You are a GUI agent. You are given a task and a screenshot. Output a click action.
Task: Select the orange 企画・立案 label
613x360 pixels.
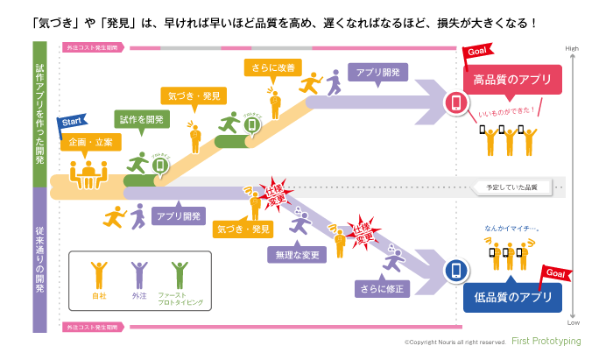[90, 142]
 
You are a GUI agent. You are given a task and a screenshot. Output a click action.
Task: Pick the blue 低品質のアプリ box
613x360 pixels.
[512, 296]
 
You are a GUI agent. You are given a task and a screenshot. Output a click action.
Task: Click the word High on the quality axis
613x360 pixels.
[572, 48]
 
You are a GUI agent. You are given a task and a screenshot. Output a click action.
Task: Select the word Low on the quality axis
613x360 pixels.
[572, 323]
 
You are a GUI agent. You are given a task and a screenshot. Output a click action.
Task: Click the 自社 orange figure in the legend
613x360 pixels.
[97, 275]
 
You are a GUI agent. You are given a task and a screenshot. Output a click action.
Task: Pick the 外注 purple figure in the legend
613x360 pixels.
[138, 275]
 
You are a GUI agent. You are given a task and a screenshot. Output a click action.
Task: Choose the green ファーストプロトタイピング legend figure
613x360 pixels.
[180, 275]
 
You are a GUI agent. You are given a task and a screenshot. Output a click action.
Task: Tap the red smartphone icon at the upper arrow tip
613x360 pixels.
[455, 103]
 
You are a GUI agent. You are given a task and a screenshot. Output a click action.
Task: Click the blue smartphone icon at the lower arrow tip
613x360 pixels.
[455, 271]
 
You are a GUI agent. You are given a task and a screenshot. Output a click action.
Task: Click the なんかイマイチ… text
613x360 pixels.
[511, 230]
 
